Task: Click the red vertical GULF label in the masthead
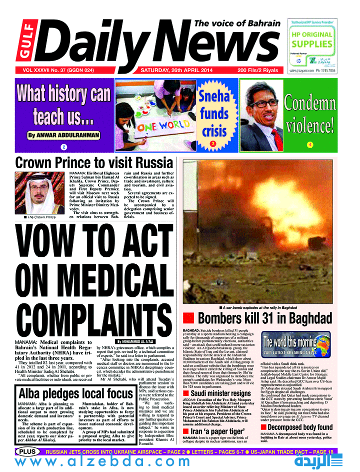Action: click(x=22, y=44)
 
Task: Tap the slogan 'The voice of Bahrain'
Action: click(x=237, y=24)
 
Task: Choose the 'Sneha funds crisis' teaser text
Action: click(x=214, y=115)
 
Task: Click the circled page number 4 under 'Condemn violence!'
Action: click(x=309, y=145)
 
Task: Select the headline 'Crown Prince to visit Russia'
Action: click(x=94, y=163)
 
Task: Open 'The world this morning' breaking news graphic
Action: click(x=290, y=345)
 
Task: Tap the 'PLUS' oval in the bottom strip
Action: click(x=27, y=452)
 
